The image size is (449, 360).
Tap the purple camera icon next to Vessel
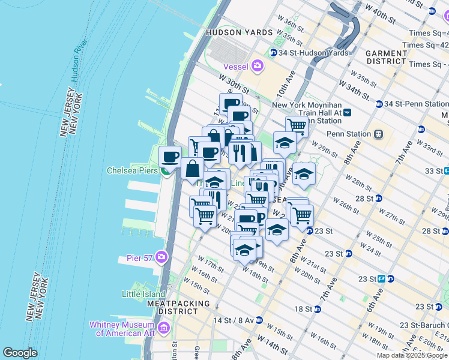click(258, 66)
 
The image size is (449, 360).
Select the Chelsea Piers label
click(132, 170)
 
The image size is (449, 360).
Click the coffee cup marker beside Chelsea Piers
click(170, 157)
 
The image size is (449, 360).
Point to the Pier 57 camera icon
click(161, 258)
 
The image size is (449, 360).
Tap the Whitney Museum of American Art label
click(122, 329)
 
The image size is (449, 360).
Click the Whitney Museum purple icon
click(164, 329)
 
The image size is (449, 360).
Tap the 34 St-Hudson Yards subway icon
click(274, 53)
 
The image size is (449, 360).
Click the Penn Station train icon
click(379, 133)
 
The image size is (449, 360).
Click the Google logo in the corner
click(20, 353)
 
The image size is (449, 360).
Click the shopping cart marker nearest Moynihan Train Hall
click(297, 127)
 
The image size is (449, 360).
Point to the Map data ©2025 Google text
click(412, 355)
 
